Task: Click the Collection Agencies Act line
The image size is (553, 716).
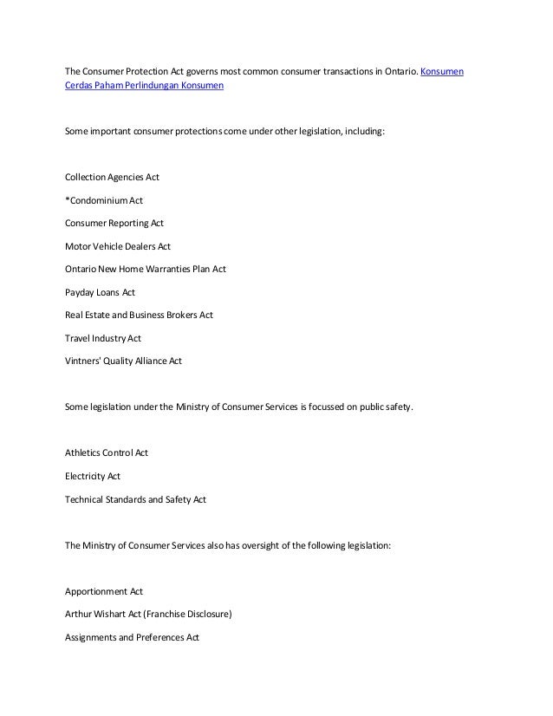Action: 112,178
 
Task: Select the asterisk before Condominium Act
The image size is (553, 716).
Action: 68,199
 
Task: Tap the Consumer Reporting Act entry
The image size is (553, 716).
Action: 114,223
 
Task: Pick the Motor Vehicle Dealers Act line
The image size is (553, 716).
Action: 118,246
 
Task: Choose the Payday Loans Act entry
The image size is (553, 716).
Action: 100,292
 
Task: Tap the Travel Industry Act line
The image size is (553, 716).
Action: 103,338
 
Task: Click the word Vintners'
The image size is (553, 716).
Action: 83,361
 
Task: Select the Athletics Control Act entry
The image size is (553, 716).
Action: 107,452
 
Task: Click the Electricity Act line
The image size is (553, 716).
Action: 93,476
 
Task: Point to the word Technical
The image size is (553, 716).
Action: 86,499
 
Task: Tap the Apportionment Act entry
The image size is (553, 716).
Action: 104,591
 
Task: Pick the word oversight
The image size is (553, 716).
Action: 262,545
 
